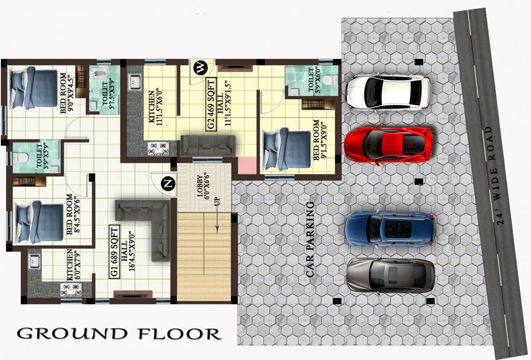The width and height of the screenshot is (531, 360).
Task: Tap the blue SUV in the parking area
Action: [x=389, y=229]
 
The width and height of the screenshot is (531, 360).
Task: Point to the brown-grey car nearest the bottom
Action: [x=390, y=275]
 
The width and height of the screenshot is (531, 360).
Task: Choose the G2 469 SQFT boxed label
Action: [x=211, y=105]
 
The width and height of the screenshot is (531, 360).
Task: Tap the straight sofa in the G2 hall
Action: [x=207, y=146]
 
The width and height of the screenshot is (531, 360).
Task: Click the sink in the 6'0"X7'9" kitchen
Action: [x=34, y=261]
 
